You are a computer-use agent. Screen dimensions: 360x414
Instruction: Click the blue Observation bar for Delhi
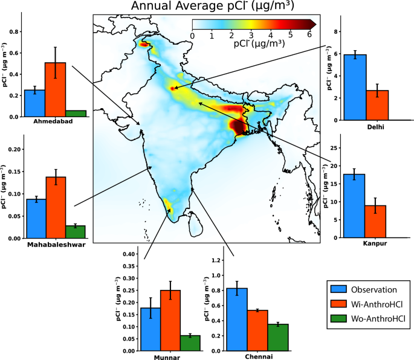click(355, 87)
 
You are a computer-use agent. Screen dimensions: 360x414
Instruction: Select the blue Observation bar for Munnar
click(150, 329)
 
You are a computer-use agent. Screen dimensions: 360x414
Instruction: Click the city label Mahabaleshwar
click(55, 245)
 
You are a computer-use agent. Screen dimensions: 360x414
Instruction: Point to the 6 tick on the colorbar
click(309, 36)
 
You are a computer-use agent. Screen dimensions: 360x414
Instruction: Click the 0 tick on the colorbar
click(192, 36)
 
